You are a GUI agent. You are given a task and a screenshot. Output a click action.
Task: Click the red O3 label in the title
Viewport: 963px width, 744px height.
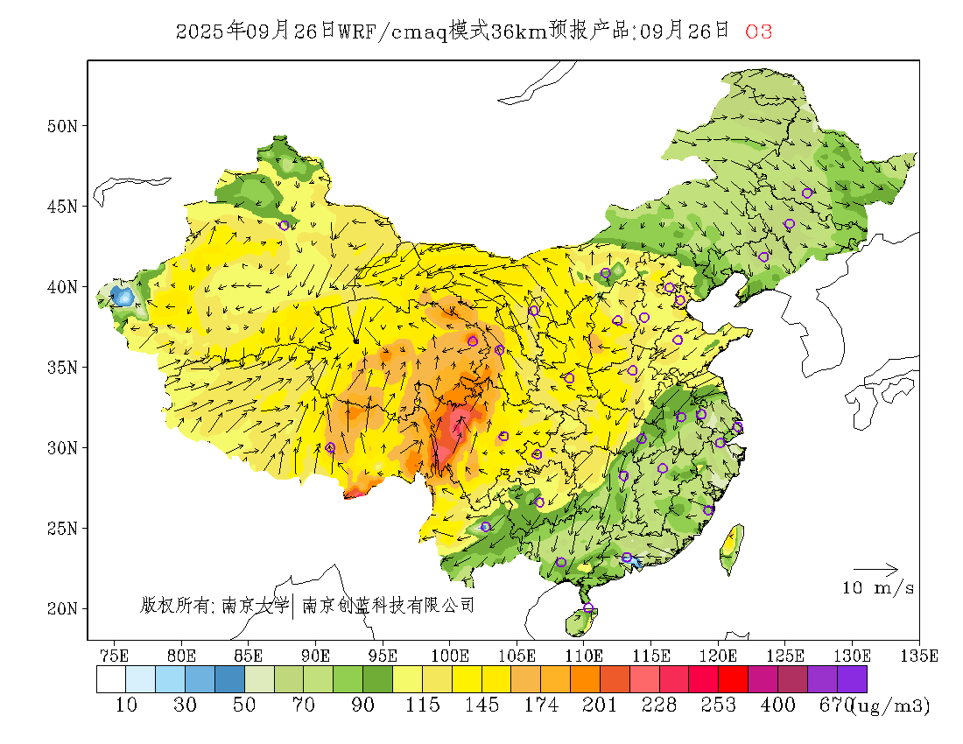758,32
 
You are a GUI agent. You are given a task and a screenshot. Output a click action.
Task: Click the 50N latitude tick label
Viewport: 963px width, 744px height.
61,126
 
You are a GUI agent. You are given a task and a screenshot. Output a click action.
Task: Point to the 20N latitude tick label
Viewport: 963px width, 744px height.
61,608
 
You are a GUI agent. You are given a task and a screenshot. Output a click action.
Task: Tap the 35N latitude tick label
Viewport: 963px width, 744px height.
61,368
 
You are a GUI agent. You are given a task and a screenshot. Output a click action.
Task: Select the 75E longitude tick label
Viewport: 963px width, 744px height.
114,655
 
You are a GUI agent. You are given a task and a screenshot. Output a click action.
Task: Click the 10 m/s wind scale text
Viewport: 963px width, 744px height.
878,588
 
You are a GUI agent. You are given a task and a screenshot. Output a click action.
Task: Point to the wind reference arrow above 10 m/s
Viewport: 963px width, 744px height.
875,570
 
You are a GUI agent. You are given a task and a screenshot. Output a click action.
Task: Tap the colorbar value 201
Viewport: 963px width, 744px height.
600,705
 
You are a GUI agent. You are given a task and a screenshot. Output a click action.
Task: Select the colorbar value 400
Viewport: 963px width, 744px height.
777,705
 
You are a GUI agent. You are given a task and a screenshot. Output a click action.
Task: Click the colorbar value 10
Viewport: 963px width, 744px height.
126,705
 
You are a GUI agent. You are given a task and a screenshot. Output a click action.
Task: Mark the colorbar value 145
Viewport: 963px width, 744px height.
481,705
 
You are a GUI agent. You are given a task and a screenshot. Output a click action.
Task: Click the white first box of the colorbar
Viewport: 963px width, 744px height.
111,679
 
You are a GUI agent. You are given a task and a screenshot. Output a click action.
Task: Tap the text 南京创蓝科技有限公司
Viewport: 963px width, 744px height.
388,605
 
